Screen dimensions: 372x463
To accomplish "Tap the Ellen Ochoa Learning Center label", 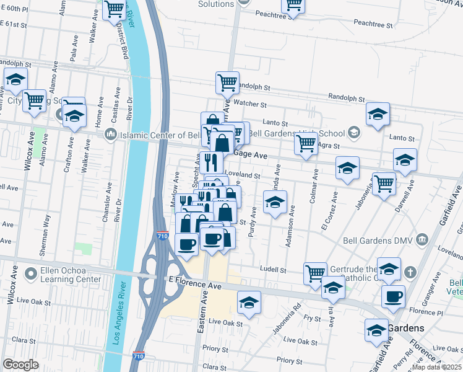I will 61,275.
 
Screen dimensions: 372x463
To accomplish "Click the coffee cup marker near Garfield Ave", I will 393,296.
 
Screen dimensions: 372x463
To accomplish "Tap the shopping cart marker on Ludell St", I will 316,272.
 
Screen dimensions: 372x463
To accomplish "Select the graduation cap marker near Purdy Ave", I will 275,201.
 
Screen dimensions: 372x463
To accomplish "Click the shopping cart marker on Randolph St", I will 227,81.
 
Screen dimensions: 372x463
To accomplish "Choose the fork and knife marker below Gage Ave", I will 212,162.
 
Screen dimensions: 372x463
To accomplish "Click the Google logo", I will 20,364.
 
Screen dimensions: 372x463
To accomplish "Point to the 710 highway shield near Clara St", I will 139,356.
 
